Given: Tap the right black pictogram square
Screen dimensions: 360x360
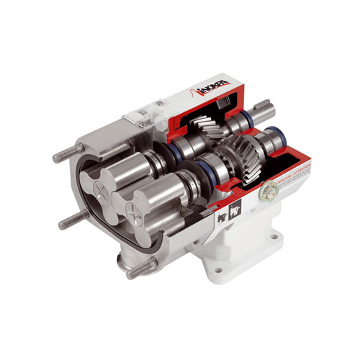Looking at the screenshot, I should (x=233, y=208).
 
